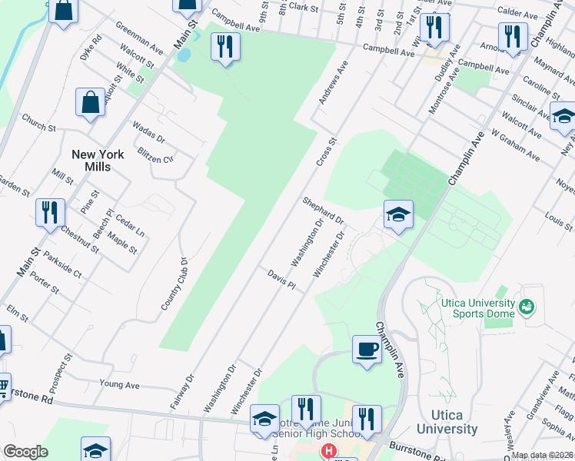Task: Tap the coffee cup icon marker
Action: tap(367, 349)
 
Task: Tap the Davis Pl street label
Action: tap(281, 280)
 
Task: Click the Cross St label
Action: tap(327, 154)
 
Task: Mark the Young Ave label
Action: tap(119, 383)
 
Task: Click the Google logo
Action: tap(25, 452)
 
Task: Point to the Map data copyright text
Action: tap(542, 455)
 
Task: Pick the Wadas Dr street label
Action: tap(148, 131)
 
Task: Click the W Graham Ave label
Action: tap(517, 144)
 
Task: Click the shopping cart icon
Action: tap(3, 385)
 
